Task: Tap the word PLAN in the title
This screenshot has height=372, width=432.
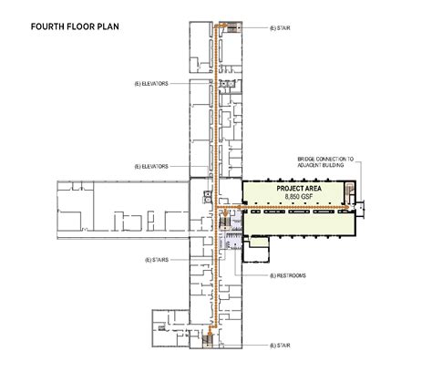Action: coord(108,26)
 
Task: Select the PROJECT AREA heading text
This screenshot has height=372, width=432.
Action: coord(299,189)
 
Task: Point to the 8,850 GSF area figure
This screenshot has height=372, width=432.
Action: coord(299,197)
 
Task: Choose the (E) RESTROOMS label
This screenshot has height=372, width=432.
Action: coord(288,275)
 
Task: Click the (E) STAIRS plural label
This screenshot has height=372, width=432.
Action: coord(157,260)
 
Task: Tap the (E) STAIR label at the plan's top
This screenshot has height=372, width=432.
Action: coord(280,28)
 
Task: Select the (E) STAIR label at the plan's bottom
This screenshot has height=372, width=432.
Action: coord(280,346)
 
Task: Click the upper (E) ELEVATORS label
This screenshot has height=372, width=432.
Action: coord(151,84)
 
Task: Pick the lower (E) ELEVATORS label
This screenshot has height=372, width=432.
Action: coord(151,167)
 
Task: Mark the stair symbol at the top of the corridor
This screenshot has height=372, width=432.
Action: coord(233,28)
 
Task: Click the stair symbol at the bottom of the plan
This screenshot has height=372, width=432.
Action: coord(208,340)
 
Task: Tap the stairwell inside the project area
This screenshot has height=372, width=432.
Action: coord(350,192)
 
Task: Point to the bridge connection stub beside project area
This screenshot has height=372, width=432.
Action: coord(360,208)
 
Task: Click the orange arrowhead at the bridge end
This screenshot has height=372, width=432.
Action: coord(346,207)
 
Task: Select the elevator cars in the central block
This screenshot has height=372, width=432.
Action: coord(208,196)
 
